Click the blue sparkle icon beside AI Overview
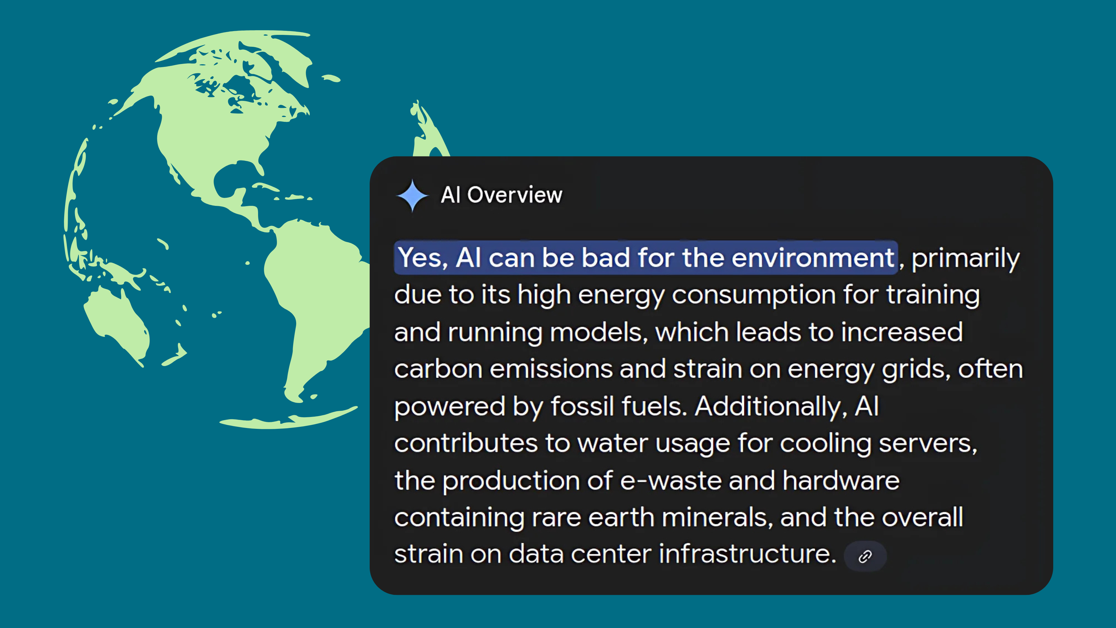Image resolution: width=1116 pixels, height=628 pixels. pos(412,195)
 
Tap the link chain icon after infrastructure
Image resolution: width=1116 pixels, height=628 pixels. pos(865,556)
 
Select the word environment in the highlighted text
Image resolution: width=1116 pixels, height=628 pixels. pos(813,258)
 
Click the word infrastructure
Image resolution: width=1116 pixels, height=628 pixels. pos(747,554)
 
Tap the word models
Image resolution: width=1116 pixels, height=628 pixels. pos(598,333)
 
